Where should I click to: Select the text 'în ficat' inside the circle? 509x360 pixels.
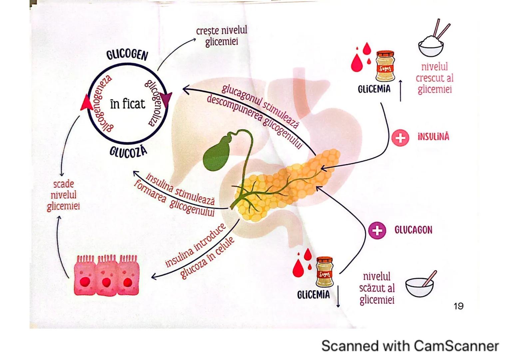pos(128,104)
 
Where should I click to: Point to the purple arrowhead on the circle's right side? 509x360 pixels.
pos(166,99)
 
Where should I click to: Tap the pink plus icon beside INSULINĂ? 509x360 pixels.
pos(400,137)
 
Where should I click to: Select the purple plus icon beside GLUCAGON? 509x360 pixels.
pos(377,230)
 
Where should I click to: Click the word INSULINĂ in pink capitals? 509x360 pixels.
pos(433,137)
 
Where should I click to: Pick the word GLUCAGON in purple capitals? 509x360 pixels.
pos(413,230)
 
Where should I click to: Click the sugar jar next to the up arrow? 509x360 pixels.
pos(385,66)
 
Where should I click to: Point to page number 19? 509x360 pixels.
pos(458,306)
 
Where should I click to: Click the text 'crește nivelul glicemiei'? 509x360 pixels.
pos(222,36)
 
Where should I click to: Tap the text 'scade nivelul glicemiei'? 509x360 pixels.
pos(63,195)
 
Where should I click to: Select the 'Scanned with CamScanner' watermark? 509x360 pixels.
pos(410,346)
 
